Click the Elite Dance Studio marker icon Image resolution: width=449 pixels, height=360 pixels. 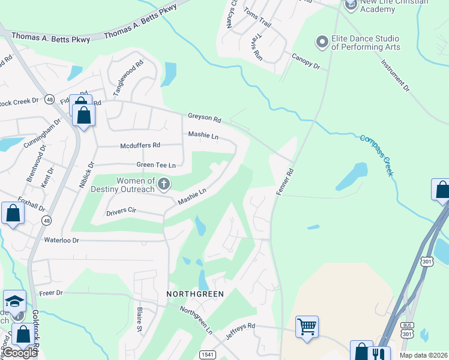pos(322,41)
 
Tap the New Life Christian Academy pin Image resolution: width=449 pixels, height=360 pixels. pos(351,5)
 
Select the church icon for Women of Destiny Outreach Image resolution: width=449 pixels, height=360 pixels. pos(163,184)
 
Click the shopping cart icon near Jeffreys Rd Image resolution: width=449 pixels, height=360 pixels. pos(307,327)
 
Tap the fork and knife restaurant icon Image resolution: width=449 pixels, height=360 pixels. pos(379,354)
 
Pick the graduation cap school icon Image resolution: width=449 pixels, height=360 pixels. pos(14,301)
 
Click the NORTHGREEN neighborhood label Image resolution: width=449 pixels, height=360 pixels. pos(195,294)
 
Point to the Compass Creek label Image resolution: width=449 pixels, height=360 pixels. pos(377,155)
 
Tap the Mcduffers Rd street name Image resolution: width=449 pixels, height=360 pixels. pos(140,145)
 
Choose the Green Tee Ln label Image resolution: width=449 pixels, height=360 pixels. pos(156,165)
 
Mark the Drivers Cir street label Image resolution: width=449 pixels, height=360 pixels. pos(122,212)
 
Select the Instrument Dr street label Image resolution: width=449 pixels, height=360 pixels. pos(395,75)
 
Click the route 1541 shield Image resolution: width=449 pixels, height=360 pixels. pos(206,355)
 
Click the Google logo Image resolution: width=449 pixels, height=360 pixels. pos(20,353)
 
